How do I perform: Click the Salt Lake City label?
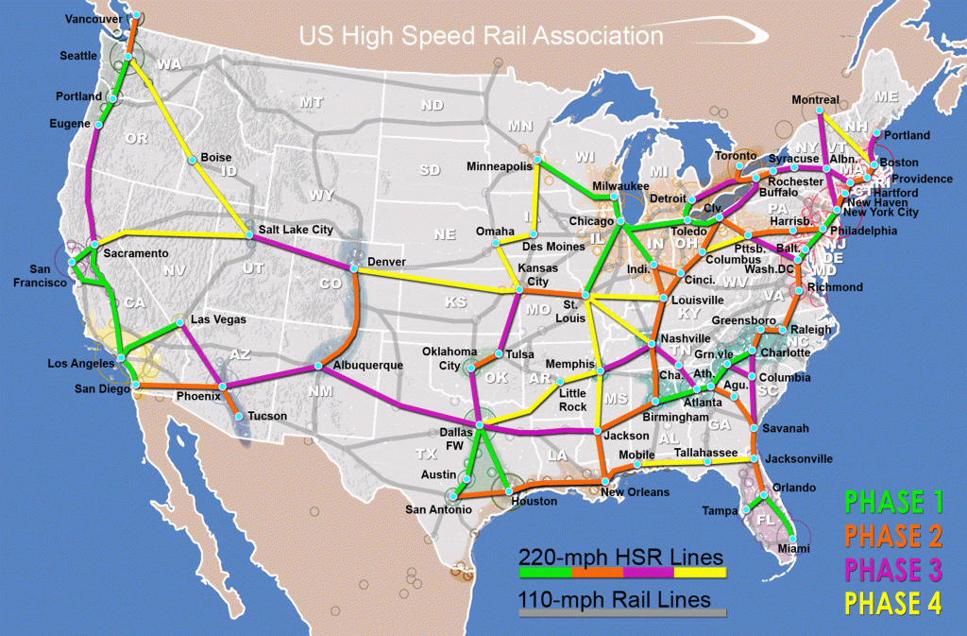pos(297,230)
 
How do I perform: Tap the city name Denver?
pos(387,260)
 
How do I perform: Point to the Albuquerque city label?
pos(367,365)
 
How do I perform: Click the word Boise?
pos(216,158)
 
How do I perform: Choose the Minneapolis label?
pos(500,166)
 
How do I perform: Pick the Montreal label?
pos(815,99)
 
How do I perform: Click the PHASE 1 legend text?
pos(893,502)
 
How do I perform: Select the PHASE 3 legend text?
pos(893,570)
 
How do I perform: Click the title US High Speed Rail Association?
pos(481,37)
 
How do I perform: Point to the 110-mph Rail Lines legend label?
pos(615,599)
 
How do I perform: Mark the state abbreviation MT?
pos(311,102)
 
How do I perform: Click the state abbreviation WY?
pos(321,196)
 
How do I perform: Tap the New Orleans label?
pos(635,492)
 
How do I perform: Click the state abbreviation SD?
pos(430,170)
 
